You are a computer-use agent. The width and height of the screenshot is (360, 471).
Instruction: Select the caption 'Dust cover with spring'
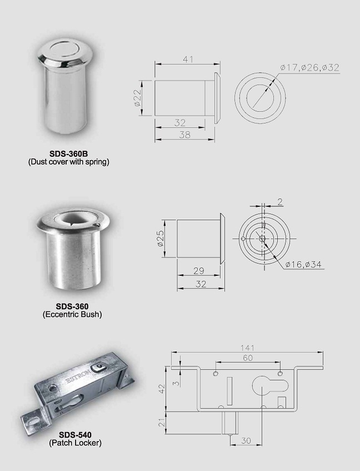click(69, 162)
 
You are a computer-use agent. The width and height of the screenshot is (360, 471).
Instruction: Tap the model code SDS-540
click(75, 435)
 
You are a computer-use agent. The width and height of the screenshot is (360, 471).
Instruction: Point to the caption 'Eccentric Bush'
click(72, 314)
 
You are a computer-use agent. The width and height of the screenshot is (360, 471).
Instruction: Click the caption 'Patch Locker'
click(75, 443)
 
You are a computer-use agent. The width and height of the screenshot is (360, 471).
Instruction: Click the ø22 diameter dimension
click(137, 98)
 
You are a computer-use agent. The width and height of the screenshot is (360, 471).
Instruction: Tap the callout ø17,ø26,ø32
click(309, 67)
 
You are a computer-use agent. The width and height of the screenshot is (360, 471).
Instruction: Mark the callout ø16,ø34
click(303, 264)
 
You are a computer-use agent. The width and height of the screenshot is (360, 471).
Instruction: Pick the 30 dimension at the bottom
click(246, 440)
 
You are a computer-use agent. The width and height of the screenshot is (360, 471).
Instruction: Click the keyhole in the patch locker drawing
click(263, 389)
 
